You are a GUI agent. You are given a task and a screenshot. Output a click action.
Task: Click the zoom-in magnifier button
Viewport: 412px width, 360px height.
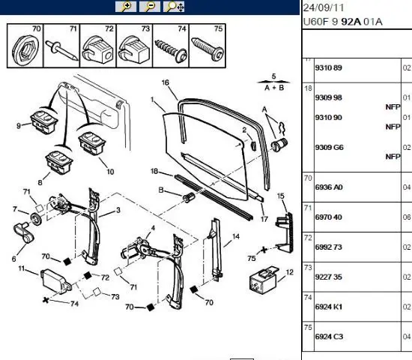[126, 7]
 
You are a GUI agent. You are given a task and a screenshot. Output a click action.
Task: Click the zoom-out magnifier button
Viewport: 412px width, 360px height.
[150, 7]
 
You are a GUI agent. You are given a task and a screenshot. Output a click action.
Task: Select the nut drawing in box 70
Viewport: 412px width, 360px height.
[24, 49]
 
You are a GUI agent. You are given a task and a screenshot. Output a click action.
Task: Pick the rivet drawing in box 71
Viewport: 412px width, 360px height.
[61, 50]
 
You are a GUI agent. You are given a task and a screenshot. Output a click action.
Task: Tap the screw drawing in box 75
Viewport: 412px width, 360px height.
[207, 49]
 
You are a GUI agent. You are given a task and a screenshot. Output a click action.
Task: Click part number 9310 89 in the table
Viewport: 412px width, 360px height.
[328, 68]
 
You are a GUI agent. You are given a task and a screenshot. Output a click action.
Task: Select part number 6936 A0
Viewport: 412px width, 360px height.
[329, 187]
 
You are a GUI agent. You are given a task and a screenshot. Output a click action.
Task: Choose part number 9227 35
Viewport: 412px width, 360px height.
[328, 277]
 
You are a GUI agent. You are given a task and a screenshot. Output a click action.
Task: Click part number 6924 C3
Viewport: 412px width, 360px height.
[329, 337]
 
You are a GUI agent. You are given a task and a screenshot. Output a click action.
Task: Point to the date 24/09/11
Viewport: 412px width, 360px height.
[324, 7]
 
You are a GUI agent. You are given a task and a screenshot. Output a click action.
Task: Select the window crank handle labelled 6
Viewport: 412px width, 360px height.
[24, 232]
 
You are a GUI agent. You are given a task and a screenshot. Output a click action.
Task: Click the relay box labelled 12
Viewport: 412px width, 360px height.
[264, 280]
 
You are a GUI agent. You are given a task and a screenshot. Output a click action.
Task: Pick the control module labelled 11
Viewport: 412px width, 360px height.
[56, 280]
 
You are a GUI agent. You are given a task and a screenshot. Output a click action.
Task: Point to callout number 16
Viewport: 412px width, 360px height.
[166, 82]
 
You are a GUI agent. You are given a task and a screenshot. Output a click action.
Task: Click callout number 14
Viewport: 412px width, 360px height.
[236, 236]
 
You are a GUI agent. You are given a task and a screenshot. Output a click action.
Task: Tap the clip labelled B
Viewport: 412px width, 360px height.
[189, 197]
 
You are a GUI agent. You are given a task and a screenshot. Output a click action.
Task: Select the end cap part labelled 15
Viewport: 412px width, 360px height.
[285, 232]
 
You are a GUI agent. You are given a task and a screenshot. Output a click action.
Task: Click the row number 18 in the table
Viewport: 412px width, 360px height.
[308, 88]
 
